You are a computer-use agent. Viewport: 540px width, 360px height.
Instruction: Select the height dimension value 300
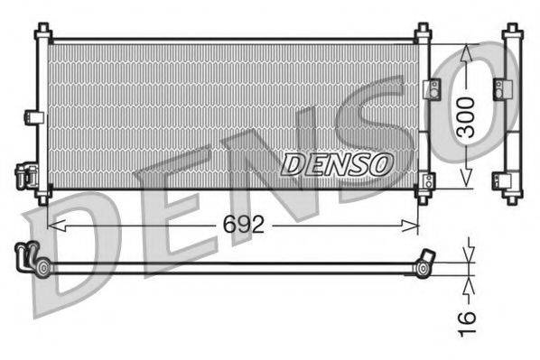466,115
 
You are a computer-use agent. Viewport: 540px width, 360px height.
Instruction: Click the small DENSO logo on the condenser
337,163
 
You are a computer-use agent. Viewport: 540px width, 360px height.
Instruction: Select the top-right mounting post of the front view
423,33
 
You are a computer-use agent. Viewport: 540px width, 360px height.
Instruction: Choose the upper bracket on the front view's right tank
432,88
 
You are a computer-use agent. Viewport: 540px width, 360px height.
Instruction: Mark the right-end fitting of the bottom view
424,262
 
